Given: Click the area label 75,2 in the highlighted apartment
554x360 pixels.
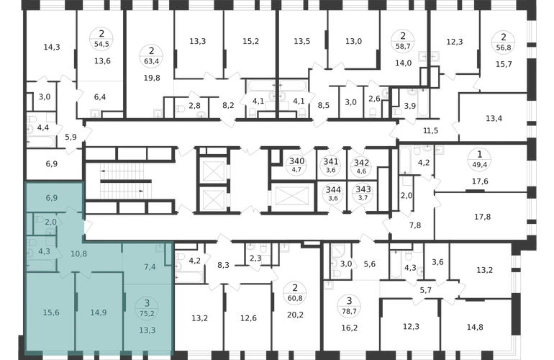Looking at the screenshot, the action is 147,312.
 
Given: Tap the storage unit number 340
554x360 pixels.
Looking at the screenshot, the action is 296,161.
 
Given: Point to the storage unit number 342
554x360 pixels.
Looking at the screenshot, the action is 361,163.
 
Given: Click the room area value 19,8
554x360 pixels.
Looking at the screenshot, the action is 152,78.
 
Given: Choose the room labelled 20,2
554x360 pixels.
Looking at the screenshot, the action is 295,315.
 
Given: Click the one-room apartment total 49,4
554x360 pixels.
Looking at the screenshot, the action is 479,165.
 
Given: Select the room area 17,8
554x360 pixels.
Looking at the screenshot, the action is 482,217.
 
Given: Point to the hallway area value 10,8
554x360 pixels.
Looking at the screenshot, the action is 79,254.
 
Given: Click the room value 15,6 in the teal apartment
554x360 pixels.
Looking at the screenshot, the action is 51,312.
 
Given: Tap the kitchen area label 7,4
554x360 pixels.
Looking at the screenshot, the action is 150,266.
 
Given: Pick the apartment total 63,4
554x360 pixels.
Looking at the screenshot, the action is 151,61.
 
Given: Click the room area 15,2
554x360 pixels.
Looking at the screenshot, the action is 251,41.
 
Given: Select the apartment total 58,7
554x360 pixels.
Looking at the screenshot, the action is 403,46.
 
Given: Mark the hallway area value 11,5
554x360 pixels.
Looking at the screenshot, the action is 431,130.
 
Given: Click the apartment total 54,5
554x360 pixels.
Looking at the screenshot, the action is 101,45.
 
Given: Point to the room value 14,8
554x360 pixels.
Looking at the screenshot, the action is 475,327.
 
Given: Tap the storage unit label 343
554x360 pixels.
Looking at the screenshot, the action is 363,190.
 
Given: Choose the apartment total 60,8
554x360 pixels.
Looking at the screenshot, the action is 295,299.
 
